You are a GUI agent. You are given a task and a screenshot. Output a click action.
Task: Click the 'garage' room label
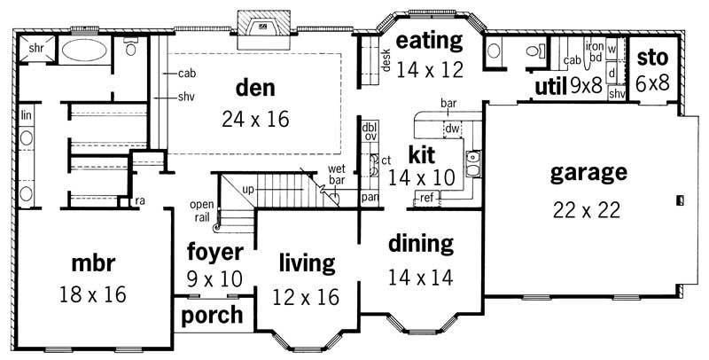[x=589, y=172]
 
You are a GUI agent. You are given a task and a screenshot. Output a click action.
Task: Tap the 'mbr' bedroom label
[x=92, y=263]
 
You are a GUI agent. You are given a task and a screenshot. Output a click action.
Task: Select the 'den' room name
[x=256, y=88]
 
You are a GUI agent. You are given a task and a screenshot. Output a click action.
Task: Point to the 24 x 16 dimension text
[x=256, y=118]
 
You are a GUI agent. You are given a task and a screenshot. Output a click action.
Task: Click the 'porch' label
[x=213, y=315]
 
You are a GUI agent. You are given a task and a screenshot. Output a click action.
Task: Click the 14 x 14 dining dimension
[x=420, y=277]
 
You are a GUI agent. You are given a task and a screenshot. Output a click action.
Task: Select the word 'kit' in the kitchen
[x=420, y=153]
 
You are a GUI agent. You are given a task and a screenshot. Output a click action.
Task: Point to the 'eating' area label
[x=430, y=41]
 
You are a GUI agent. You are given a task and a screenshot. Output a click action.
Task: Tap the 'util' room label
[x=550, y=87]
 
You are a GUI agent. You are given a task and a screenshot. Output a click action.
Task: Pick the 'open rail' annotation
[x=201, y=209]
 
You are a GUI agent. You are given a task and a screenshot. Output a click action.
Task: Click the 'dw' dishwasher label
[x=451, y=129]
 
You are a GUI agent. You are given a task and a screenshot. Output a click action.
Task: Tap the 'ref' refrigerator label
[x=426, y=197]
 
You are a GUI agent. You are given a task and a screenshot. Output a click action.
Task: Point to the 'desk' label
[x=387, y=59]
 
